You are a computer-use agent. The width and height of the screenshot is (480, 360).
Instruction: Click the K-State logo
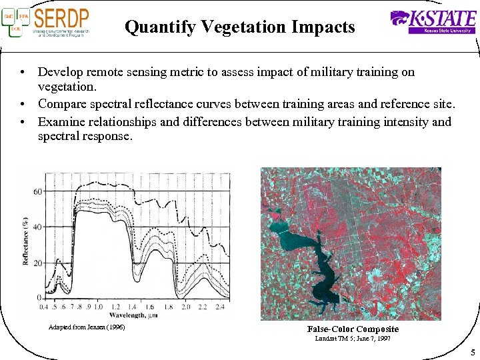pyautogui.click(x=433, y=21)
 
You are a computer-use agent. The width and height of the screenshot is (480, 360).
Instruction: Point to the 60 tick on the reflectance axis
pyautogui.click(x=37, y=192)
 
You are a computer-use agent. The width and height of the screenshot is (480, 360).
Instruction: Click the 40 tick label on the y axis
pyautogui.click(x=37, y=227)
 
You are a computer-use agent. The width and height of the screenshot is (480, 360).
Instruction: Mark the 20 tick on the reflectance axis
pyautogui.click(x=37, y=263)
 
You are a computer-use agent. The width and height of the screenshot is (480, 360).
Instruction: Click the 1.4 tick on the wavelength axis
pyautogui.click(x=132, y=307)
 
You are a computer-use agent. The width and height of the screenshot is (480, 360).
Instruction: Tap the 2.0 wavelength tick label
pyautogui.click(x=185, y=307)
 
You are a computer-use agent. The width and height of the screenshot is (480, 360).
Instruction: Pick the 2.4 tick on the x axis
pyautogui.click(x=221, y=307)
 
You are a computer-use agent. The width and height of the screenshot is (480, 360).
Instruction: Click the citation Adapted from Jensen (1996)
pyautogui.click(x=87, y=327)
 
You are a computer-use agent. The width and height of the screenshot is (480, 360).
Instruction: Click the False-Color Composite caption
pyautogui.click(x=353, y=329)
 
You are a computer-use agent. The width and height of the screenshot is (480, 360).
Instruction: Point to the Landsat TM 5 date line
pyautogui.click(x=352, y=339)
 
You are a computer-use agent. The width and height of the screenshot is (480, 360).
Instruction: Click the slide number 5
pyautogui.click(x=471, y=352)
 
